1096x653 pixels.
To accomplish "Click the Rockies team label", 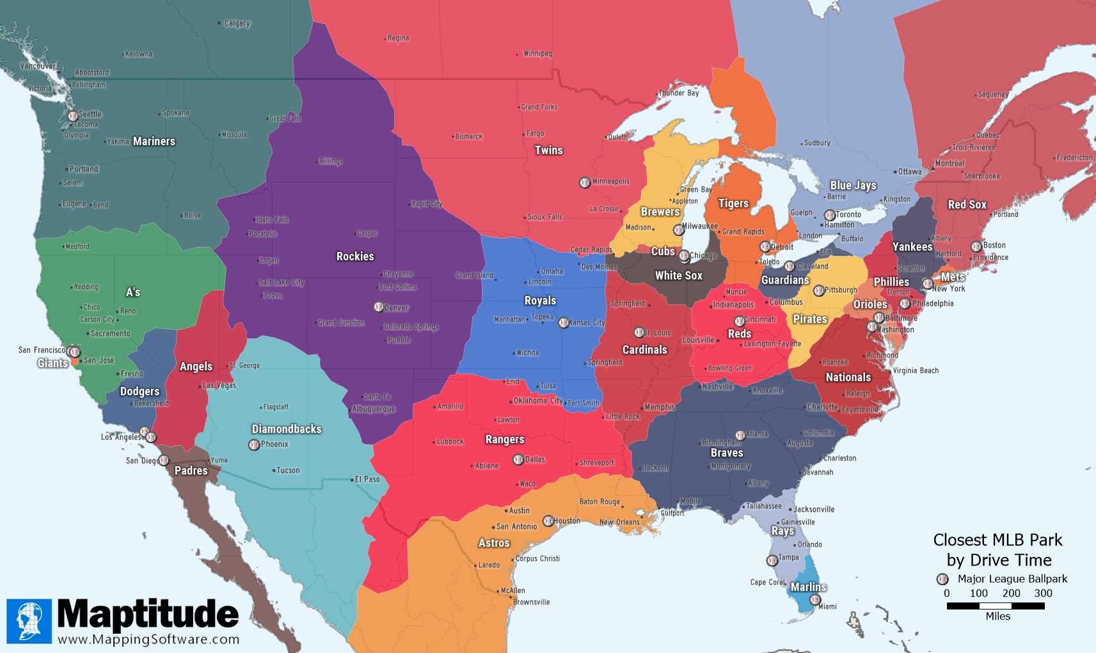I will pos(355,256).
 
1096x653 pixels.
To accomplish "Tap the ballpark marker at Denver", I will pos(379,307).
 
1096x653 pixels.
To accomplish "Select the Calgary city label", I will pos(237,24).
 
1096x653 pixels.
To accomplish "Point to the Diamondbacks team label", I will pos(286,429).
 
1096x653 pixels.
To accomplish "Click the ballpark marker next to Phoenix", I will pos(254,445).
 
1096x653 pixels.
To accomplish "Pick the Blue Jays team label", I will pos(853,185).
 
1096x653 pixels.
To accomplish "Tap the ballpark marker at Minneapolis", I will pos(584,183).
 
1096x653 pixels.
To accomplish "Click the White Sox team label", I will pos(678,276).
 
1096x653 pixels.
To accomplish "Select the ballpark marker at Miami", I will pos(814,600).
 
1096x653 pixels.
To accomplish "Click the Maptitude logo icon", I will pos(29,621).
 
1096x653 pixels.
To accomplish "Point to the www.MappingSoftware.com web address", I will pos(148,640).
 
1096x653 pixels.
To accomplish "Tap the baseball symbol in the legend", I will pos(942,579).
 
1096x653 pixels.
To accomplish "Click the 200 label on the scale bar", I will pos(1011,594).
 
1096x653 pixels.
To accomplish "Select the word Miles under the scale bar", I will pos(997,617).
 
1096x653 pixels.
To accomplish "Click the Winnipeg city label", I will pos(537,54).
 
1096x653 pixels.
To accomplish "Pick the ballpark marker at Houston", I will pos(548,521).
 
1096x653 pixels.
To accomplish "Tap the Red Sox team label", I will pos(967,205).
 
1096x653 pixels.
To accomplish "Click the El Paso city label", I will pos(367,479).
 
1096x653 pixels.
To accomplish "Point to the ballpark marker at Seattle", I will pos(73,116).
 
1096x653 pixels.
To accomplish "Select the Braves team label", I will pos(726,453).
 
